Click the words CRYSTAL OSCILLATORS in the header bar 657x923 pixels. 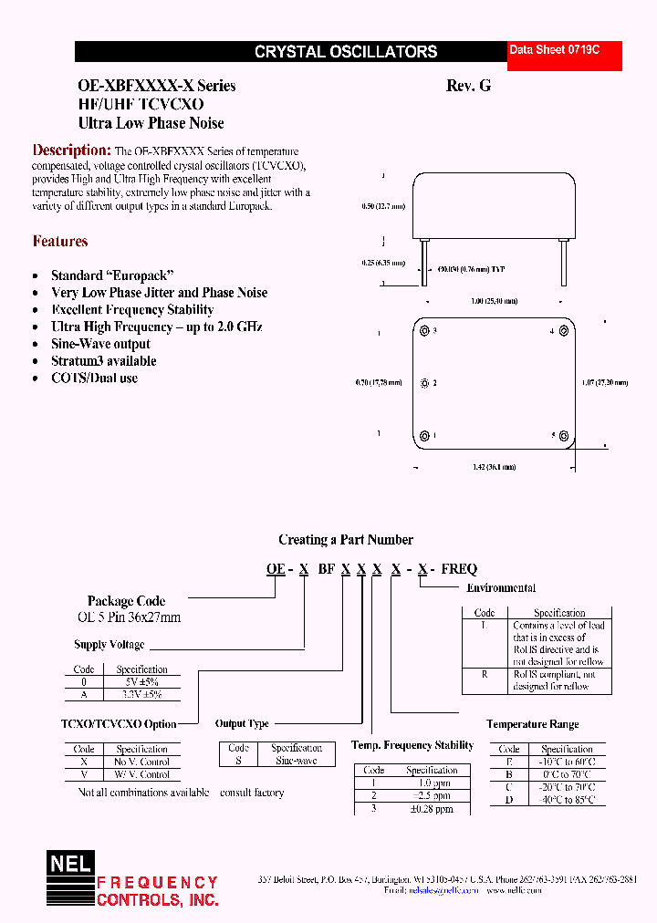pyautogui.click(x=346, y=52)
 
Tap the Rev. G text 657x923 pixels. pyautogui.click(x=468, y=86)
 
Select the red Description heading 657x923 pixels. pyautogui.click(x=71, y=150)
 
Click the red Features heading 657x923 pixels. pyautogui.click(x=60, y=242)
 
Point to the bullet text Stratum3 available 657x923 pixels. pyautogui.click(x=103, y=361)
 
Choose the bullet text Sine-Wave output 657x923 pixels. pyautogui.click(x=100, y=344)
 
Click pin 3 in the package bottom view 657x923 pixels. pyautogui.click(x=425, y=330)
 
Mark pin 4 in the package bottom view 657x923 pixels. pyautogui.click(x=564, y=331)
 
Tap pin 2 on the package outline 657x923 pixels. pyautogui.click(x=425, y=383)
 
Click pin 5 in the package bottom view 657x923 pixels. pyautogui.click(x=564, y=436)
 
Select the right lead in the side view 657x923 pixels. pyautogui.click(x=564, y=260)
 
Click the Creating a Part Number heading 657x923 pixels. pyautogui.click(x=346, y=540)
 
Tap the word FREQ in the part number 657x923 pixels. pyautogui.click(x=459, y=569)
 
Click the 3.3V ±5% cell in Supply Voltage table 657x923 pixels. pyautogui.click(x=142, y=694)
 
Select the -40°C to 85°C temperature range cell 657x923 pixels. pyautogui.click(x=567, y=800)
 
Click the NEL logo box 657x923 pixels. pyautogui.click(x=70, y=862)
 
